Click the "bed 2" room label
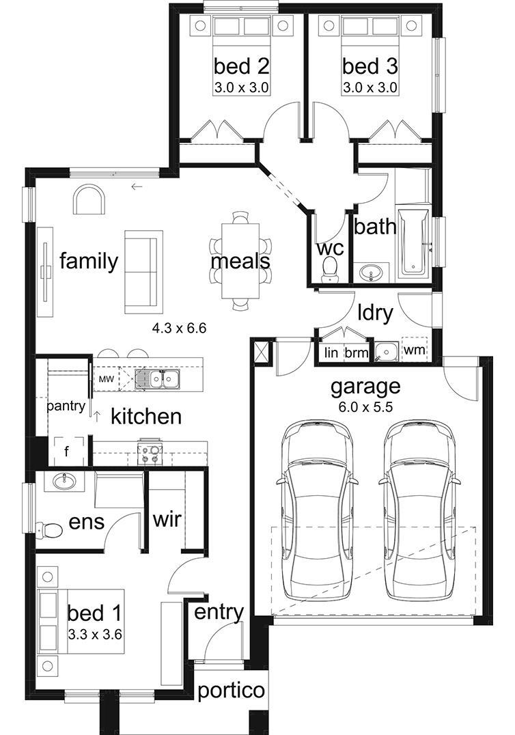point(241,66)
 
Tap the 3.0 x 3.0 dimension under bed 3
point(370,87)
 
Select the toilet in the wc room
point(331,270)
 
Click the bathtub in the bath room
point(413,241)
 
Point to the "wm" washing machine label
point(414,350)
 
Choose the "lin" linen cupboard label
point(331,352)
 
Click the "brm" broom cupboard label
point(356,352)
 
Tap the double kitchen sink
point(157,378)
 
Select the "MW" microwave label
point(106,379)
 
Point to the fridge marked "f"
point(68,452)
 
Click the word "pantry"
point(66,406)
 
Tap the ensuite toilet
point(49,530)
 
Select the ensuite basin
point(64,482)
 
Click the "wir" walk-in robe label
point(167,519)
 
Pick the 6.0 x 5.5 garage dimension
point(365,407)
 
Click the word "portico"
point(231,691)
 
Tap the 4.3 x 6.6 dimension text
point(179,328)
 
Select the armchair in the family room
point(89,200)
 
